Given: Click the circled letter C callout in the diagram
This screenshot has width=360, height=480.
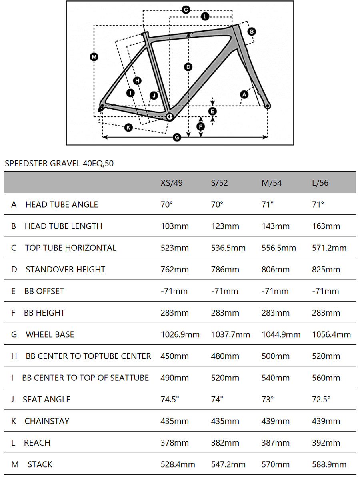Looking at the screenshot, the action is click(x=186, y=10).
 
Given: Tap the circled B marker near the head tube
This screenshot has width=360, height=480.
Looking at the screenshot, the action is click(x=252, y=32).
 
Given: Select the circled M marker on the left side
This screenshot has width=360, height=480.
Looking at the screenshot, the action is click(x=94, y=57).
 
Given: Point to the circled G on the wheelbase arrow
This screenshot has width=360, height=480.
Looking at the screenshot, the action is click(x=177, y=137).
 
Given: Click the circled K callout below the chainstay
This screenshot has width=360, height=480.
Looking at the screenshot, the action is click(x=128, y=128).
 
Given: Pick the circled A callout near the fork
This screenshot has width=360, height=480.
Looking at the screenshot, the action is click(x=244, y=95).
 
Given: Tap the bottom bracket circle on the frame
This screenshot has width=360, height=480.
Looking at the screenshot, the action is click(x=169, y=116).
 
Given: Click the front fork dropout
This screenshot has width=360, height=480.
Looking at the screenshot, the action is click(x=268, y=106).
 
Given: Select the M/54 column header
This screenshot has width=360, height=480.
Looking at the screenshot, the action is click(x=272, y=182).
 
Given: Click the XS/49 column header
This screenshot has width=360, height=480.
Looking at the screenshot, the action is click(x=172, y=182).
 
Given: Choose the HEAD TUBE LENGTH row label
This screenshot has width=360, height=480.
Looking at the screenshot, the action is click(x=63, y=226).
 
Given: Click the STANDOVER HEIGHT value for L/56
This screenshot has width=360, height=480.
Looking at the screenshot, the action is click(x=326, y=270).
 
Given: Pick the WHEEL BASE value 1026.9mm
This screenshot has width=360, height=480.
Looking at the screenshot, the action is click(x=180, y=334).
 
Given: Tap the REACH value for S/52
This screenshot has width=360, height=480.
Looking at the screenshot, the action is click(x=225, y=443).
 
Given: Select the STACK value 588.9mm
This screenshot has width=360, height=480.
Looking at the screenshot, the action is click(x=329, y=464).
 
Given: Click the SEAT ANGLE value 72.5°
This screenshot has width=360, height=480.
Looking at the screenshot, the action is click(x=321, y=399).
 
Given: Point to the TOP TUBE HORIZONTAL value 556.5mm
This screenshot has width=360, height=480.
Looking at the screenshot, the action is click(x=279, y=248).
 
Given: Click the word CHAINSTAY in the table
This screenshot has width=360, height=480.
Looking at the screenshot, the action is click(x=47, y=421).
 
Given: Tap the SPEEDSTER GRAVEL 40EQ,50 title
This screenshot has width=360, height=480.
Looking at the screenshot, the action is click(x=59, y=163).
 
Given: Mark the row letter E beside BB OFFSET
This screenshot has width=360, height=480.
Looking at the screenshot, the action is click(x=13, y=291).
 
